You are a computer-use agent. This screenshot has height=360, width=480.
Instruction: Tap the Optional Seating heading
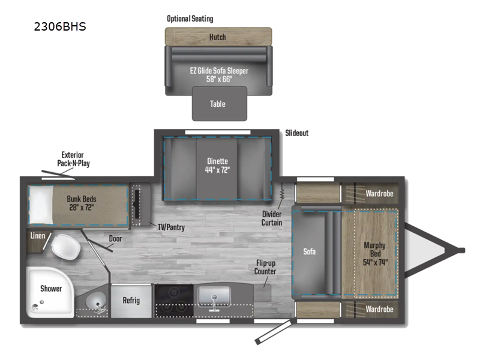coord(190,19)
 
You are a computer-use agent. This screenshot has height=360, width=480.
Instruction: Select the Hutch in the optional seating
coord(218,37)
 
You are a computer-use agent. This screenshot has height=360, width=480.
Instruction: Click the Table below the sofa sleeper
coord(218,104)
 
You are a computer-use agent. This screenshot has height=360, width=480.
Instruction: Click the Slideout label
coord(296,133)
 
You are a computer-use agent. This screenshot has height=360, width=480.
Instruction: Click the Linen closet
coord(38,236)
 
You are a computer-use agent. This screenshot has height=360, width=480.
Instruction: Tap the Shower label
coord(51,289)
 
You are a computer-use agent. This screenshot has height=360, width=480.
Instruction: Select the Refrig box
coord(131,300)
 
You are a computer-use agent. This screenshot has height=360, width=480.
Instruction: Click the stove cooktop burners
coord(175,300)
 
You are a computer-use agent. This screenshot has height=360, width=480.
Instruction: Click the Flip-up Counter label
coord(265,267)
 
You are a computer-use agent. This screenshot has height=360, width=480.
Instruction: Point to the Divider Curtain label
coord(272,218)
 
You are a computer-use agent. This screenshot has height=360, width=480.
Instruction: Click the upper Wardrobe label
coord(379,194)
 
